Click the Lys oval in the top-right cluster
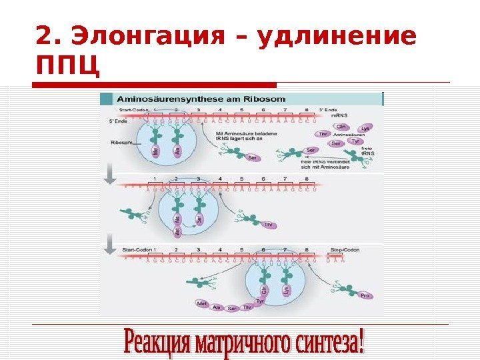[x=365, y=129]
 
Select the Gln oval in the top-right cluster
[x=341, y=125]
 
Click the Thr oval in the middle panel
[x=269, y=225]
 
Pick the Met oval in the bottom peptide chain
[x=202, y=303]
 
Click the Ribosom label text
[x=121, y=142]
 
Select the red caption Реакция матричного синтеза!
[x=245, y=341]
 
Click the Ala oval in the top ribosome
[x=178, y=151]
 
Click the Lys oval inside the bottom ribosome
[x=287, y=291]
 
